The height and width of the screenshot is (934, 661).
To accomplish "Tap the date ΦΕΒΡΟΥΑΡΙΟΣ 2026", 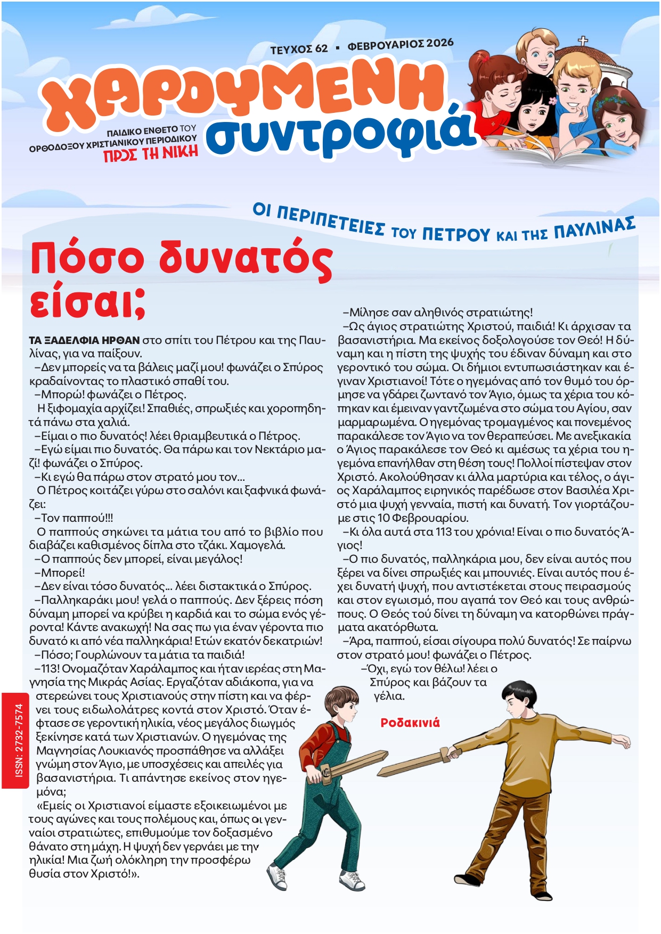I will point(401,44).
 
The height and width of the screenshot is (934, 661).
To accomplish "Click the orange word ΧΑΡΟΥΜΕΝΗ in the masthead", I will point(242,91).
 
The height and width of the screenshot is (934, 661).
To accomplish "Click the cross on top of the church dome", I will point(584,41).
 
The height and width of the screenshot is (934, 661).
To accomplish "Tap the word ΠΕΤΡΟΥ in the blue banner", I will point(456,234).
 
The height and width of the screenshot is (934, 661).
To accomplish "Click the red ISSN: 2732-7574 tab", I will point(19,740).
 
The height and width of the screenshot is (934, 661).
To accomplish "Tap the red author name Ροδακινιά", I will point(410,723).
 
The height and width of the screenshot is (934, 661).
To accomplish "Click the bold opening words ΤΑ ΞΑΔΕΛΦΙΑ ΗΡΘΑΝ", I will point(84,340).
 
